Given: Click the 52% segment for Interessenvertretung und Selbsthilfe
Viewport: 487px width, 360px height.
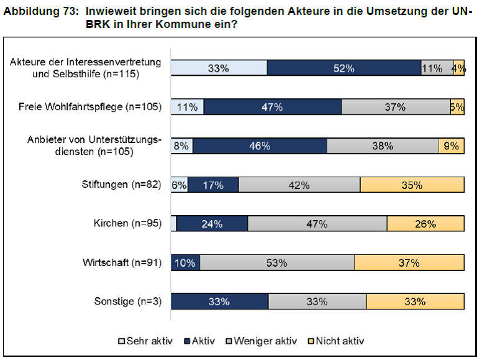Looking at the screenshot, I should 344,68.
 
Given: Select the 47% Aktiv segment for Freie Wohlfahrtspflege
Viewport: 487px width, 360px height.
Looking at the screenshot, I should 272,107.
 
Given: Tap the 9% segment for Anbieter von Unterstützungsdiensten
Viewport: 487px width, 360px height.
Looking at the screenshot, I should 452,146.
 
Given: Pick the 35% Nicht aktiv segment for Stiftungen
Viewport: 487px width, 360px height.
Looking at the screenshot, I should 412,185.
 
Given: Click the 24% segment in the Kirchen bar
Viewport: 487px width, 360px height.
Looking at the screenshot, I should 212,224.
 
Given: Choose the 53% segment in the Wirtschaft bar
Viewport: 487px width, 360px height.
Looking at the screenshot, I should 276,262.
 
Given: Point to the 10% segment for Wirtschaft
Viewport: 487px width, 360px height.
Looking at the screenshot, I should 185,262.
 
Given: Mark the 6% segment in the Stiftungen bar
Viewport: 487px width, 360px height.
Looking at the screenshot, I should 180,185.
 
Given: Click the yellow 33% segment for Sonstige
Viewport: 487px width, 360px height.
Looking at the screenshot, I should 414,302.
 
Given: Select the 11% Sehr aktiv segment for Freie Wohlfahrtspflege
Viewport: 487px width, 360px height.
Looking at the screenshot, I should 187,107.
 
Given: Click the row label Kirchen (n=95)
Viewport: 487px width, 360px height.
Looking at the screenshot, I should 127,224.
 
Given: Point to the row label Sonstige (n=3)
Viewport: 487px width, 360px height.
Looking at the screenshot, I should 127,302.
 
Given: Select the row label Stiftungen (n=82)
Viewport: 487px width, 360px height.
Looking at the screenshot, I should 121,185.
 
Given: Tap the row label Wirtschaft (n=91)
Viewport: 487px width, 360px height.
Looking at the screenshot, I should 122,262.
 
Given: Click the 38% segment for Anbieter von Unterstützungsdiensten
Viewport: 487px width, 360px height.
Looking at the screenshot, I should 383,146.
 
